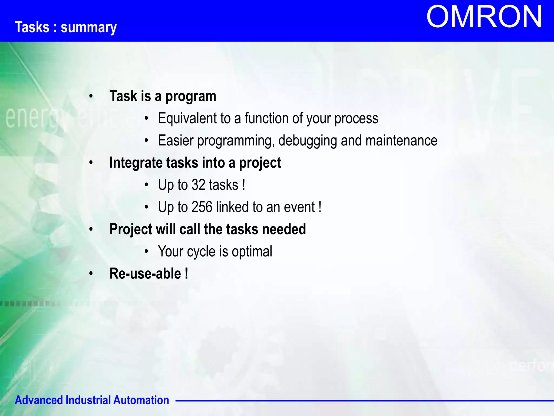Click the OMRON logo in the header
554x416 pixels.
pyautogui.click(x=484, y=17)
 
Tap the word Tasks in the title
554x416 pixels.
pyautogui.click(x=32, y=27)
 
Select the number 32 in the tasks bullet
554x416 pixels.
pyautogui.click(x=199, y=185)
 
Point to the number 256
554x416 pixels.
pyautogui.click(x=202, y=207)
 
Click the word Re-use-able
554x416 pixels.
pyautogui.click(x=145, y=274)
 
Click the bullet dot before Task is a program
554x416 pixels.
pyautogui.click(x=91, y=96)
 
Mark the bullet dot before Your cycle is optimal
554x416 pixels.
pyautogui.click(x=146, y=252)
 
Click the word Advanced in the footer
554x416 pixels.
pyautogui.click(x=39, y=400)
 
